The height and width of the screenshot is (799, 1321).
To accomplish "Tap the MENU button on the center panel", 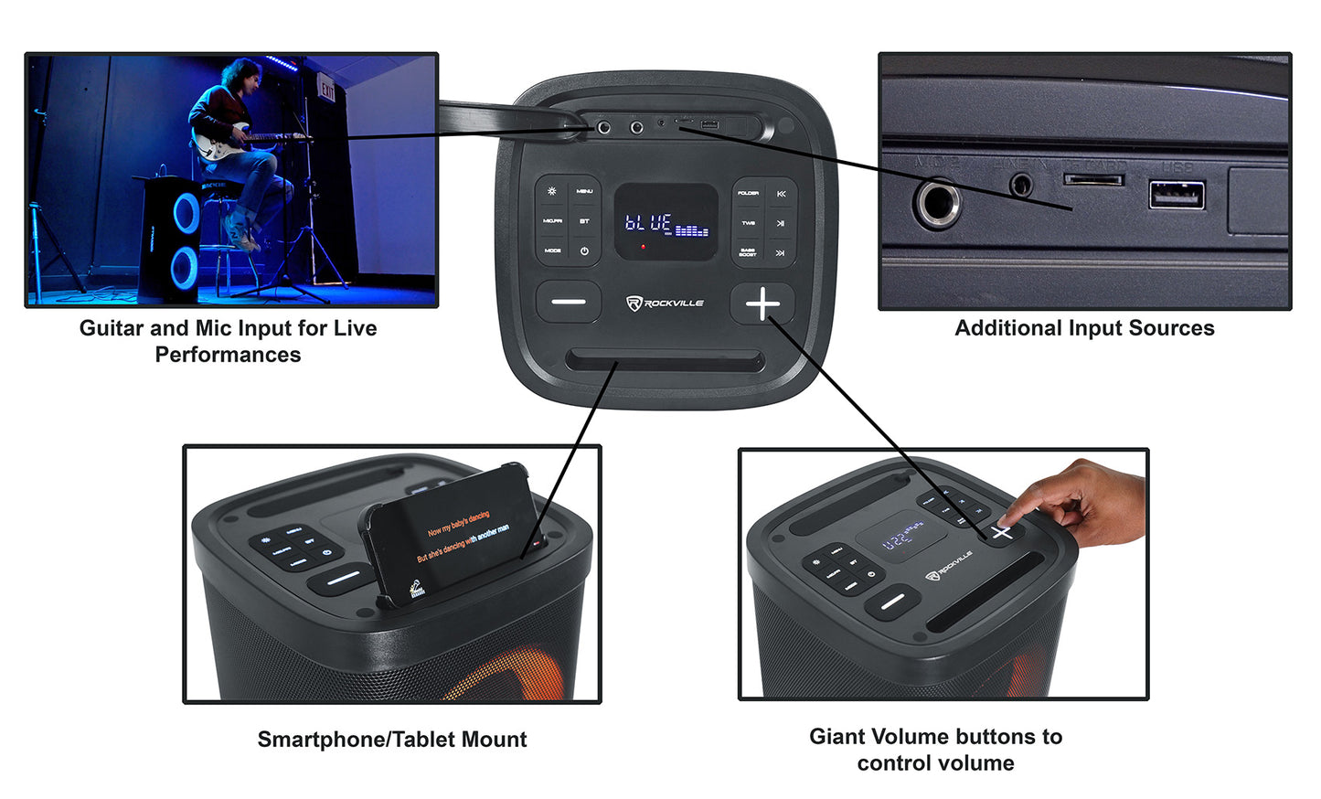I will click(584, 191).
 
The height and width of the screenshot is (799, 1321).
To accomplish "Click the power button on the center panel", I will click(584, 250).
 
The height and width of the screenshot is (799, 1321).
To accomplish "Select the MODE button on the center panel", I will click(553, 250).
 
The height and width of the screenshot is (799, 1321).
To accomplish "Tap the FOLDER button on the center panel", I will click(748, 193).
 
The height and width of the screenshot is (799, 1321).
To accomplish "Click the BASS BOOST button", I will click(748, 252).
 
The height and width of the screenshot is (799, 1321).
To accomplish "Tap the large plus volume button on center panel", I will click(762, 304).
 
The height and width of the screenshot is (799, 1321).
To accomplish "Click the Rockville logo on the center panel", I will click(665, 303).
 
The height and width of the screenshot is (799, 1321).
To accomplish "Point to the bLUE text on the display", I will click(648, 222).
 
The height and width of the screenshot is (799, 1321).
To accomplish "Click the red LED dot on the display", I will click(643, 246).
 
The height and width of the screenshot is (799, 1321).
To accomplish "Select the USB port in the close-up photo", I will click(1177, 195).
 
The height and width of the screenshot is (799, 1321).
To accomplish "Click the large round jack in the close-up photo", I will click(937, 202).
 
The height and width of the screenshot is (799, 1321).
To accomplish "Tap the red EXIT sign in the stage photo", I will click(326, 91).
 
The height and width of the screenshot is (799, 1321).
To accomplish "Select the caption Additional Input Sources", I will click(1084, 328).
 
